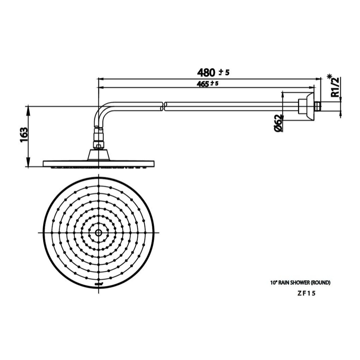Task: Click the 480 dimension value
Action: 206,72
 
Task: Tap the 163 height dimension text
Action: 24,135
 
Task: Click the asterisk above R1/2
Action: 329,76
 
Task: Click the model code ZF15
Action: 306,293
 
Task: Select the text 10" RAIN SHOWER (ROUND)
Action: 300,283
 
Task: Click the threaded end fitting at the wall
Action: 317,107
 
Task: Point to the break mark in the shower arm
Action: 164,106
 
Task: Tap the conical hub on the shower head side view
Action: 98,155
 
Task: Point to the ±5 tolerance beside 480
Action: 224,73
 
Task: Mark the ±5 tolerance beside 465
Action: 215,84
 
